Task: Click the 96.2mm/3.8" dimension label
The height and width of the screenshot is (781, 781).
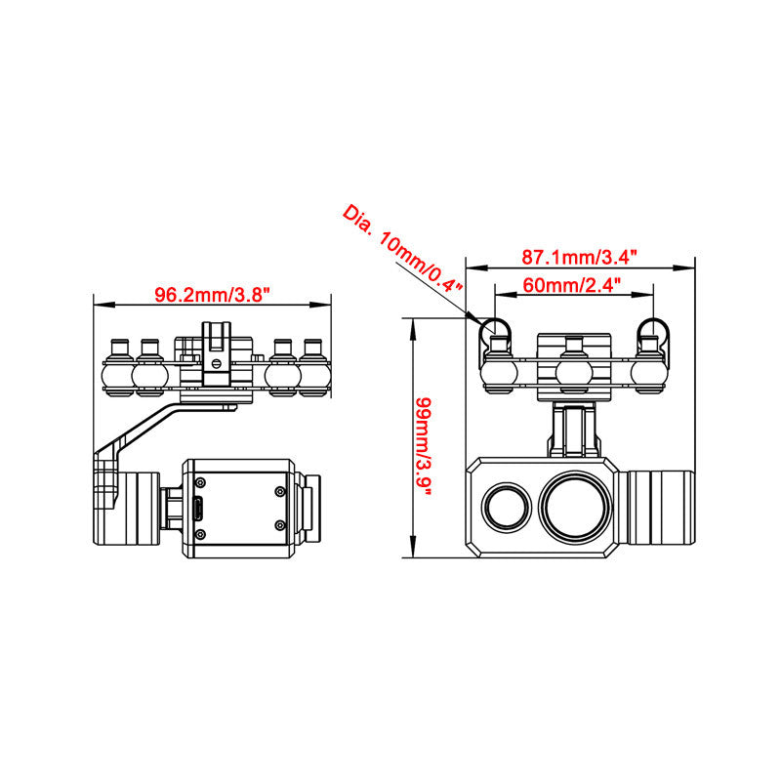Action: [x=212, y=295]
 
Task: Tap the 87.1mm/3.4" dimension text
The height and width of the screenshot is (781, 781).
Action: [x=579, y=257]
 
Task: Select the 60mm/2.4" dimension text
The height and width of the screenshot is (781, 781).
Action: [x=572, y=285]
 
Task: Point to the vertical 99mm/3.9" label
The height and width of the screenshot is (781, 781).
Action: [x=424, y=446]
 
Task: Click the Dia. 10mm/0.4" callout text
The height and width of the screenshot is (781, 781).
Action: [x=402, y=248]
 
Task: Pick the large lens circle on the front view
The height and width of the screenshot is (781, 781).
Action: [x=575, y=506]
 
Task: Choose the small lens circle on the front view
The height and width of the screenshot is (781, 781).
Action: [x=507, y=507]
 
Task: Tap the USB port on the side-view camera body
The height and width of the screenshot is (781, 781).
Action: [x=198, y=509]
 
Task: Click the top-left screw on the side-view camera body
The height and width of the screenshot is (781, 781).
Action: [x=200, y=482]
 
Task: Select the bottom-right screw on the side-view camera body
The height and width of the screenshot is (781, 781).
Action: [x=280, y=525]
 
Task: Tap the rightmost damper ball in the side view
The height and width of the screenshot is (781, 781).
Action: [x=313, y=375]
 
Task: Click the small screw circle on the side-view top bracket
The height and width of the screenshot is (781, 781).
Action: [x=216, y=363]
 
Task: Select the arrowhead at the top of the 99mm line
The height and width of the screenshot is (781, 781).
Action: [x=412, y=329]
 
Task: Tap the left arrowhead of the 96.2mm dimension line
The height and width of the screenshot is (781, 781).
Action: [x=104, y=305]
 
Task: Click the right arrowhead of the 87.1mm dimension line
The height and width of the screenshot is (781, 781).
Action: [x=684, y=267]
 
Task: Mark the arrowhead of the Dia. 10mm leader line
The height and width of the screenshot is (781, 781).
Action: [x=473, y=317]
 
